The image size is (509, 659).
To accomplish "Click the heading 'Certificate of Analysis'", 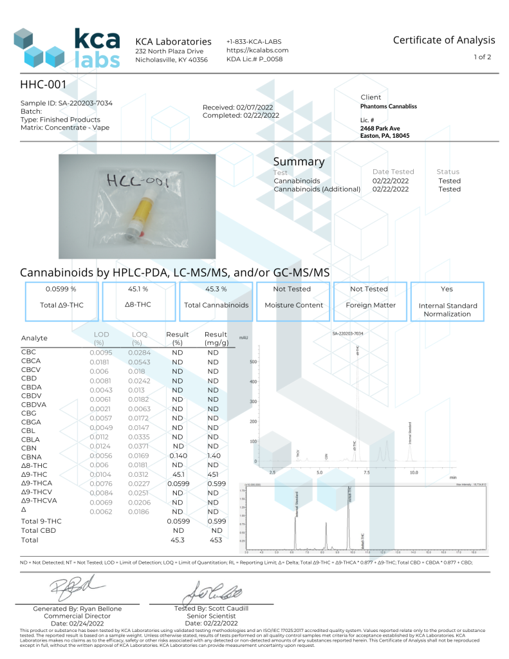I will point(444,40).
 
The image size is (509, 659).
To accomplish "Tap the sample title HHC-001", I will point(44,84).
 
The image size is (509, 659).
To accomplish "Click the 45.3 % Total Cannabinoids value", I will point(216,290).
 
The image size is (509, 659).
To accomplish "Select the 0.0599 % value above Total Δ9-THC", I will point(61,290).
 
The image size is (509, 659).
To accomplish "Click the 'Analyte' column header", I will point(34,339).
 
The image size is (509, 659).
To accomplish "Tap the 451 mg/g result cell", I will point(213,474).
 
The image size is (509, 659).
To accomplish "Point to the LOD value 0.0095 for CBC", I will point(101,353).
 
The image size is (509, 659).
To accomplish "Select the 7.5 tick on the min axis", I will point(367,472).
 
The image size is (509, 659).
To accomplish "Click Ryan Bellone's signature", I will point(71,586).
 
